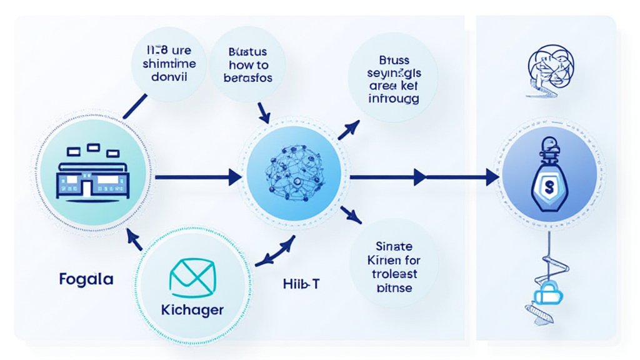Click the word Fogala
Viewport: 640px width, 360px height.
pyautogui.click(x=86, y=279)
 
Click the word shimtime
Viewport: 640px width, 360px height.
pyautogui.click(x=169, y=64)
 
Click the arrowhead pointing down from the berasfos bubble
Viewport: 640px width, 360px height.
pyautogui.click(x=264, y=117)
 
